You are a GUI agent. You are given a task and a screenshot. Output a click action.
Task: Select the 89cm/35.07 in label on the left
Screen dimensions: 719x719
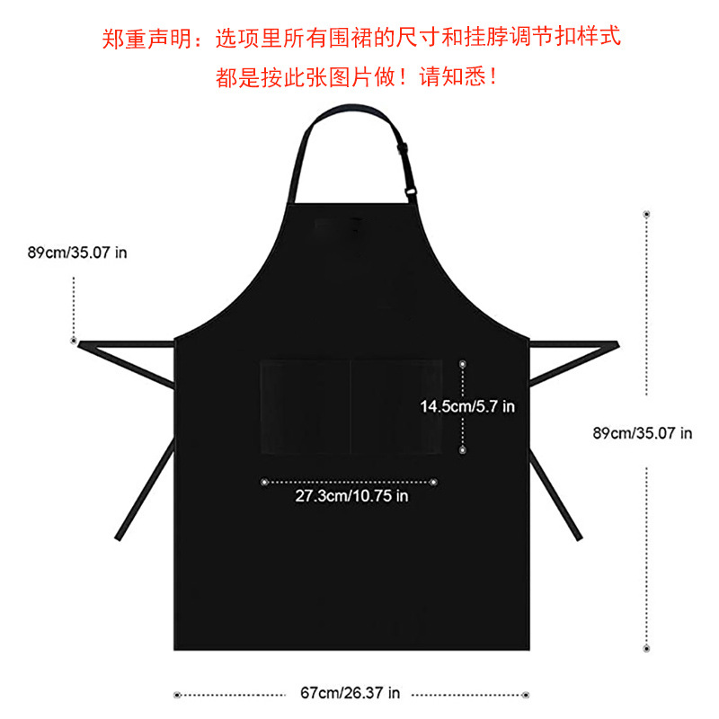(x=77, y=253)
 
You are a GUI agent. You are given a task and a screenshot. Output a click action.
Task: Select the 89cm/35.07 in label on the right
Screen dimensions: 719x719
(x=643, y=432)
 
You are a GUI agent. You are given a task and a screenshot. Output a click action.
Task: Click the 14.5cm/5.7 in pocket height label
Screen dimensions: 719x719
(x=467, y=406)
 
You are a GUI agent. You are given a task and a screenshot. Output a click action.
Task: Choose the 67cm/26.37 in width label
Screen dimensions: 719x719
(x=351, y=694)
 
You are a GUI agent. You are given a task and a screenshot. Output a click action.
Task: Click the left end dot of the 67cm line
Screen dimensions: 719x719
(x=177, y=694)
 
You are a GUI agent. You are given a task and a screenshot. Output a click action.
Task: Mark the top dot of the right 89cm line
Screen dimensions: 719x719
(x=646, y=214)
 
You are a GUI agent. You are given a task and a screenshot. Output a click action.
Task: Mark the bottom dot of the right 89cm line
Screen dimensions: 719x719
(x=646, y=648)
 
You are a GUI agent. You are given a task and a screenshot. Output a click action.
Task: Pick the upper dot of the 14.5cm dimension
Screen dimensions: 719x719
(x=463, y=364)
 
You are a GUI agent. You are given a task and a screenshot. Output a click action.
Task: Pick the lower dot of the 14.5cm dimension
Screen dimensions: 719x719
(x=463, y=448)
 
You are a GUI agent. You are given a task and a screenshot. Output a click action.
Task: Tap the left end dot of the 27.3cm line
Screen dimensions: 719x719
(x=263, y=482)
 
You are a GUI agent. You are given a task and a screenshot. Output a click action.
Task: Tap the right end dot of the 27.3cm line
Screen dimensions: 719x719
(x=434, y=482)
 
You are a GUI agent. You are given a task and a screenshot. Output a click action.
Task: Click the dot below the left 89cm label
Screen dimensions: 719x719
(x=73, y=340)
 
